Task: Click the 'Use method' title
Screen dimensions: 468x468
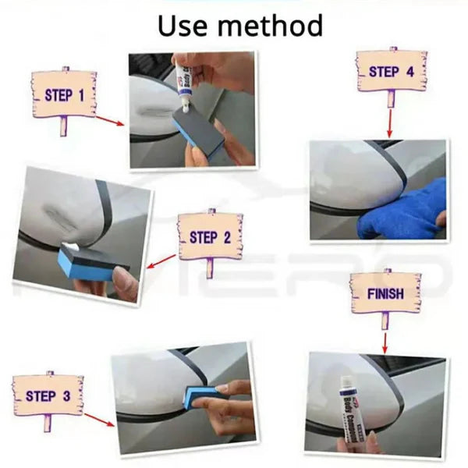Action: coord(240,25)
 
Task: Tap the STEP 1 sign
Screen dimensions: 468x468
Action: coord(64,94)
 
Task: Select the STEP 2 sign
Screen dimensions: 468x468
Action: coord(210,236)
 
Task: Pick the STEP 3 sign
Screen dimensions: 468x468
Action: coord(48,396)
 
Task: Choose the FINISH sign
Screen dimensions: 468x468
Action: coord(385,294)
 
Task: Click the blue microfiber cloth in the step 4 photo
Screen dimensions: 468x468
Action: coord(404,212)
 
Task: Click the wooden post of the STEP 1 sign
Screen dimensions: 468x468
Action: coord(63,125)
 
